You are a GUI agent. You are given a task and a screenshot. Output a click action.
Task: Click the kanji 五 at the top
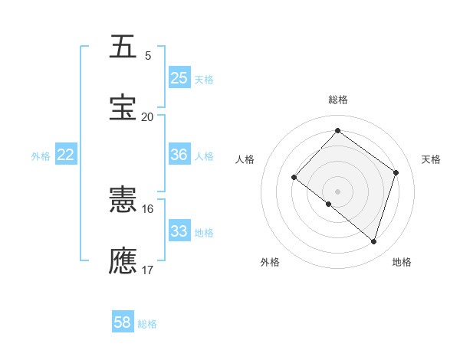[x=123, y=47]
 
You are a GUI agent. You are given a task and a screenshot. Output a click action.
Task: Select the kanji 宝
[x=123, y=106]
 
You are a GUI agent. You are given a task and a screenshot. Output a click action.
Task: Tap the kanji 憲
[x=123, y=201]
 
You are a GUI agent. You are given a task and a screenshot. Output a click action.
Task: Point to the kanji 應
[x=123, y=260]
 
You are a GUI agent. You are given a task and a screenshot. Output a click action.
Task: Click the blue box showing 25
[x=179, y=77]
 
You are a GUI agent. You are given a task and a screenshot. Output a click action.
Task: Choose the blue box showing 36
[x=179, y=155]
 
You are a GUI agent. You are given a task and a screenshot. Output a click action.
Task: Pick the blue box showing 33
[x=179, y=231]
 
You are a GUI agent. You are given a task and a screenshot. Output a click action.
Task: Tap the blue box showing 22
[x=66, y=155]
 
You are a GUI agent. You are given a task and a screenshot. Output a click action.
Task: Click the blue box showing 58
[x=123, y=322]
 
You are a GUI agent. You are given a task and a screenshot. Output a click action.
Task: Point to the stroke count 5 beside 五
[x=148, y=56]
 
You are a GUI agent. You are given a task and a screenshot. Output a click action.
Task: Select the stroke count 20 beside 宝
[x=147, y=116]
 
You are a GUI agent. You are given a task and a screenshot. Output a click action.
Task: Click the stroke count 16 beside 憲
[x=147, y=209]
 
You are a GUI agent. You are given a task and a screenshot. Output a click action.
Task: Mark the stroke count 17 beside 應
[x=147, y=270]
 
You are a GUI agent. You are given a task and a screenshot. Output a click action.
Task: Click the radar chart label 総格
[x=337, y=100]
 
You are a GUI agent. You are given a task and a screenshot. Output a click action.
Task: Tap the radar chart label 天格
[x=432, y=159]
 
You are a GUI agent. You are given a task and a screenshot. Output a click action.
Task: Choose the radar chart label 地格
[x=402, y=262]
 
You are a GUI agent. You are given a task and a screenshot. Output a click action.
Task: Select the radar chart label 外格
[x=270, y=262]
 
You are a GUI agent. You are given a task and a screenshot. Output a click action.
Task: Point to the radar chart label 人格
[x=245, y=159]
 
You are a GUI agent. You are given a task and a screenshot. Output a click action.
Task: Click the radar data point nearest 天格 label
[x=396, y=172]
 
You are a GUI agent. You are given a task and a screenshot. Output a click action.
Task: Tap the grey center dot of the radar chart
[x=337, y=191]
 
